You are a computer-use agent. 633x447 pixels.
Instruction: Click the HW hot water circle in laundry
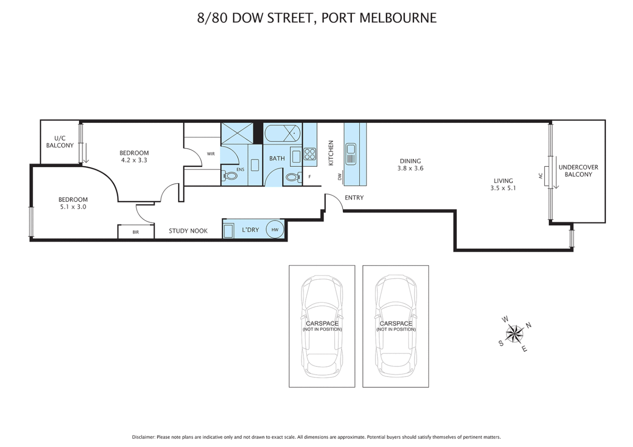tap(275, 230)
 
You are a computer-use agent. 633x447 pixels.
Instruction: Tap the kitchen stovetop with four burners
tap(310, 154)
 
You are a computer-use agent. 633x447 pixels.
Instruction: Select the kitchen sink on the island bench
tap(351, 154)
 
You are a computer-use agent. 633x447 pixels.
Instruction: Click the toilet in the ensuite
tap(230, 176)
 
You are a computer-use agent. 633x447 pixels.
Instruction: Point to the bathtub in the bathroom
tap(283, 133)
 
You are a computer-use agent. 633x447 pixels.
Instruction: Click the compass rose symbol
tap(515, 334)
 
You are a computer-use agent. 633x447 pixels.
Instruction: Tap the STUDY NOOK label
tap(188, 231)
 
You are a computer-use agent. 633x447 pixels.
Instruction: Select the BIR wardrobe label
tap(136, 232)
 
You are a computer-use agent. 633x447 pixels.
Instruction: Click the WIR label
tap(211, 154)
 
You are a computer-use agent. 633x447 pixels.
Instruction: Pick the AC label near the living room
tap(540, 176)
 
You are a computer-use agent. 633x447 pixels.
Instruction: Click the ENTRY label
tap(354, 198)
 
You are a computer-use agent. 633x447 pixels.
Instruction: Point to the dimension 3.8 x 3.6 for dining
tap(410, 168)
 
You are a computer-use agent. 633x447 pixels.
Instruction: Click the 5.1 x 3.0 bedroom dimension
tap(73, 207)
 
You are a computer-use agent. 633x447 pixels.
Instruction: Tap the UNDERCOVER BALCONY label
tap(578, 171)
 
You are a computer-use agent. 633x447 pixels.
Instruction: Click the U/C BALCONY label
tap(60, 142)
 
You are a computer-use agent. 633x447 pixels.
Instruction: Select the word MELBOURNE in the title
tap(398, 18)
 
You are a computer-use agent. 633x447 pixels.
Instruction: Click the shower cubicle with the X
tap(237, 133)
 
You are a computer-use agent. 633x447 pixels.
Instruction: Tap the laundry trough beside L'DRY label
tap(228, 231)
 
